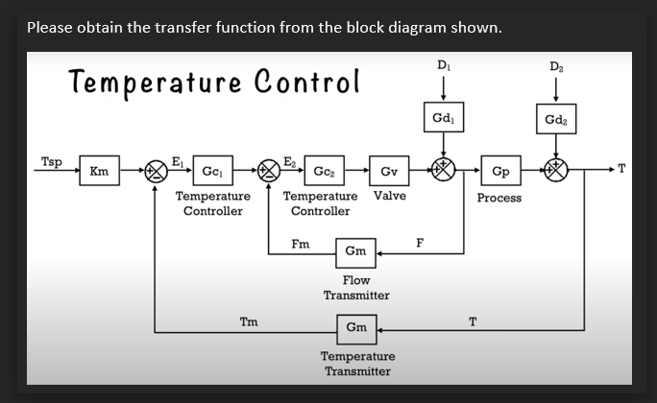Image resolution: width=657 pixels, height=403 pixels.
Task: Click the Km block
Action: (98, 172)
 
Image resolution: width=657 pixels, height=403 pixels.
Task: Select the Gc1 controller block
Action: (211, 172)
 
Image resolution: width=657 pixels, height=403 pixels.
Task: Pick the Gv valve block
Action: (389, 172)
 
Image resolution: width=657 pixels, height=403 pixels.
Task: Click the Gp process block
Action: (499, 172)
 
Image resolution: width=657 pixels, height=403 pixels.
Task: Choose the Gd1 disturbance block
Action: (443, 118)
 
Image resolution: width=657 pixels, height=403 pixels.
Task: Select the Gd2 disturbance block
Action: (555, 120)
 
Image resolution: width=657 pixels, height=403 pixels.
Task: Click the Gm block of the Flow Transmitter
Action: (355, 251)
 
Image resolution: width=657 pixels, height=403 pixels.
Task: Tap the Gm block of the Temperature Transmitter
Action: (355, 327)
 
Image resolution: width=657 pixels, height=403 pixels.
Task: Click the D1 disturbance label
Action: (442, 65)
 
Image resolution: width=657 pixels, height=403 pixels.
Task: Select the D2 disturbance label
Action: (555, 65)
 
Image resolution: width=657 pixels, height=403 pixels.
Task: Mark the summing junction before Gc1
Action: (155, 172)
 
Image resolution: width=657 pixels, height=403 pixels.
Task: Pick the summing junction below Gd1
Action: (443, 172)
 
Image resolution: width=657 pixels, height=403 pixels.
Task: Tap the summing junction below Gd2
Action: (556, 172)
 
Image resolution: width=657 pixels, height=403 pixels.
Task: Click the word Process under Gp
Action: (499, 198)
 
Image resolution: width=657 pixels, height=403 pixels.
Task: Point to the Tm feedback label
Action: (248, 321)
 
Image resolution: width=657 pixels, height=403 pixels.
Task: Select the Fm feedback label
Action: (301, 244)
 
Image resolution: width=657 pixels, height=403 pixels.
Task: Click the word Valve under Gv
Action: (389, 196)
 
